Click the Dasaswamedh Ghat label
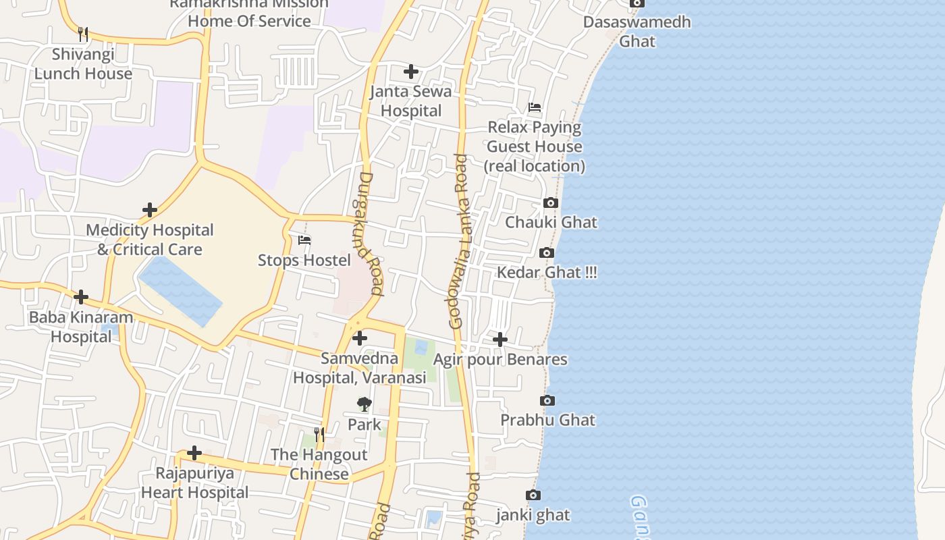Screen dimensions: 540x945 (637, 31)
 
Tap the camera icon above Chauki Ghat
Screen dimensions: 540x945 (551, 202)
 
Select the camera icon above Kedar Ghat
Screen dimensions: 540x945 (547, 253)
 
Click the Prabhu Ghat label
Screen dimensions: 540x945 (547, 420)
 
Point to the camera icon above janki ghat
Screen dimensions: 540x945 (533, 495)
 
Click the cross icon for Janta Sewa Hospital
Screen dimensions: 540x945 (410, 71)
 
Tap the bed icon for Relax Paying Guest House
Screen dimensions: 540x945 (535, 107)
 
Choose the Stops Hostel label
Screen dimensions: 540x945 (304, 260)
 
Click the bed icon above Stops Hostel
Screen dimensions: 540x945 (304, 240)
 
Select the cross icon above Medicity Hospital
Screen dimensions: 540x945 (150, 210)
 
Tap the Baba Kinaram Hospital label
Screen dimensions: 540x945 (81, 327)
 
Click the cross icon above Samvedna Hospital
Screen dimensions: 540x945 (360, 337)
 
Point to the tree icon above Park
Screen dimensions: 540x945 (364, 404)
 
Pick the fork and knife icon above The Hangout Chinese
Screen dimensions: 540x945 (319, 434)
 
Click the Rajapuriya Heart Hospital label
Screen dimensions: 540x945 (194, 483)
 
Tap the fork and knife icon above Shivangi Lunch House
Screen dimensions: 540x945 (83, 34)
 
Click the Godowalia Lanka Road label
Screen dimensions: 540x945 (459, 242)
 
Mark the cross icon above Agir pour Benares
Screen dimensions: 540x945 (500, 339)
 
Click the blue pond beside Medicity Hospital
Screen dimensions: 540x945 (181, 290)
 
